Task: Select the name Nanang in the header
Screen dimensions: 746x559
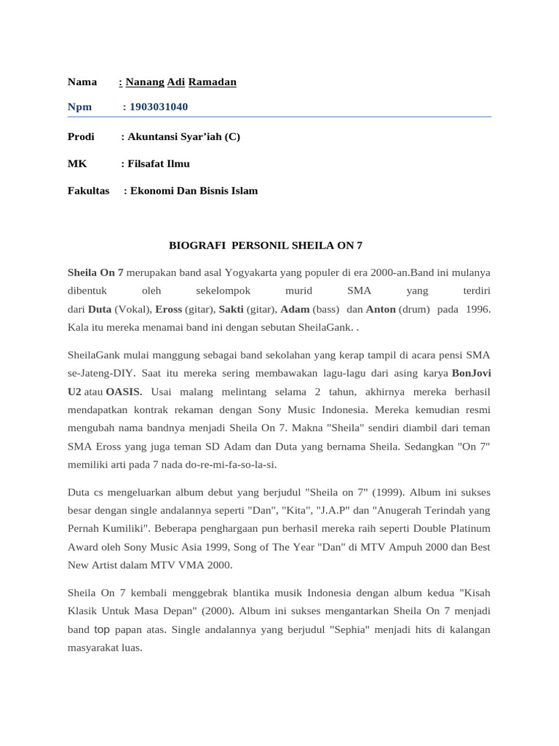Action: pos(145,82)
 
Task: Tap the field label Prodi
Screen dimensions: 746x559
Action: pos(81,136)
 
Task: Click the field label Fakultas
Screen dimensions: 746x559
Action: pos(88,191)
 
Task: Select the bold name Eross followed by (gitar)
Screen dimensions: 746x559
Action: pos(168,309)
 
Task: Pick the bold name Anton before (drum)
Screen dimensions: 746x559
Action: pos(381,309)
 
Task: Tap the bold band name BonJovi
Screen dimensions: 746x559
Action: pos(471,373)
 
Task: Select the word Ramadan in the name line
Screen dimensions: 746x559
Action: pos(213,82)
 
